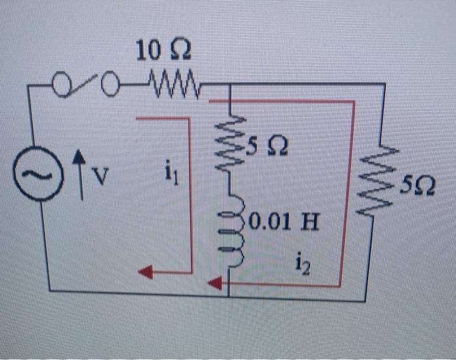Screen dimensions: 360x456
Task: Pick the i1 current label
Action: coord(171,176)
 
